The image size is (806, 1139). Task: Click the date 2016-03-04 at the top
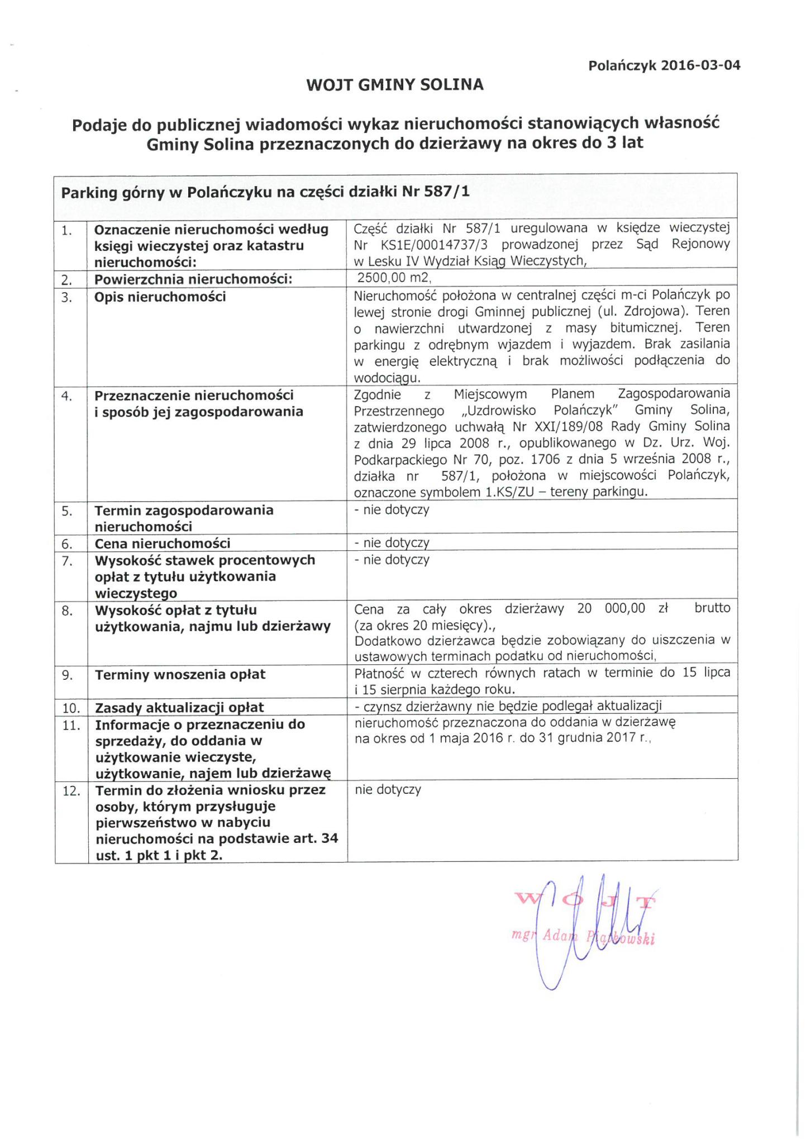click(700, 65)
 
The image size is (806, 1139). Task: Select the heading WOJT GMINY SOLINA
click(395, 85)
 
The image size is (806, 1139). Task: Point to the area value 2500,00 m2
click(394, 278)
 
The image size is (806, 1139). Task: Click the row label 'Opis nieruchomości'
click(160, 297)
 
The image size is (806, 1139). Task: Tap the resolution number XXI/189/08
click(563, 427)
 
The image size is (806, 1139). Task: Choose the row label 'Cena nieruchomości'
click(163, 543)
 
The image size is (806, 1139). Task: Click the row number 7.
click(67, 561)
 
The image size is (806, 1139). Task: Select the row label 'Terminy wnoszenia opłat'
click(180, 675)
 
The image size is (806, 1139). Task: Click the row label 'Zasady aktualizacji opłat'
click(179, 708)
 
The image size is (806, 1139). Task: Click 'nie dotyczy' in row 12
click(388, 790)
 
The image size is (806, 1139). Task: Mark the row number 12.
click(71, 792)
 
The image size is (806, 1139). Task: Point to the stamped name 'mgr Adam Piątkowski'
click(584, 936)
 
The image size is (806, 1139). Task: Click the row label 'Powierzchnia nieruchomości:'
click(193, 279)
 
